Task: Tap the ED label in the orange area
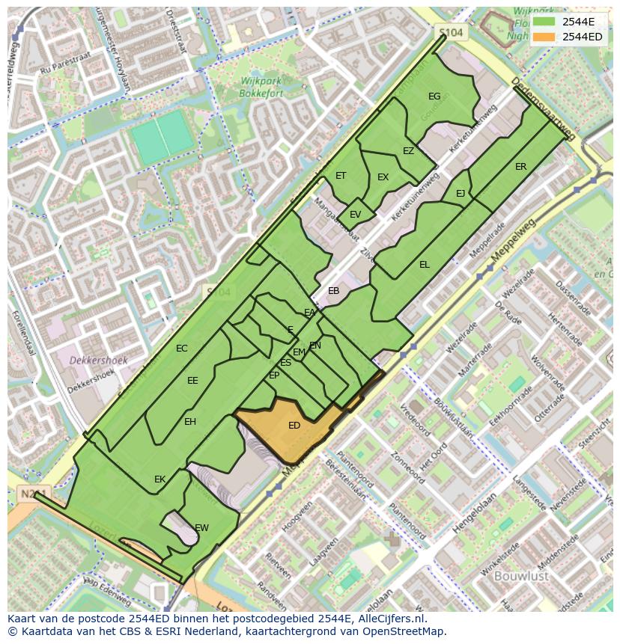(x=294, y=426)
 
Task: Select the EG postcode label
(x=434, y=96)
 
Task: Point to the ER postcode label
(x=520, y=167)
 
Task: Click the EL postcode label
(x=425, y=265)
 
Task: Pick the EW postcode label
(x=201, y=528)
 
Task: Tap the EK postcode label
(x=159, y=479)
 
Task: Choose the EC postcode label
(x=181, y=349)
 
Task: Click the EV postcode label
(x=355, y=215)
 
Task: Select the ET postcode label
(x=341, y=176)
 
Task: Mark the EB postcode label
(x=333, y=291)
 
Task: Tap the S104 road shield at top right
(x=451, y=33)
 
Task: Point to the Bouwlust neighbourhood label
(x=521, y=576)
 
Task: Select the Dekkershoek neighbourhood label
(x=98, y=361)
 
